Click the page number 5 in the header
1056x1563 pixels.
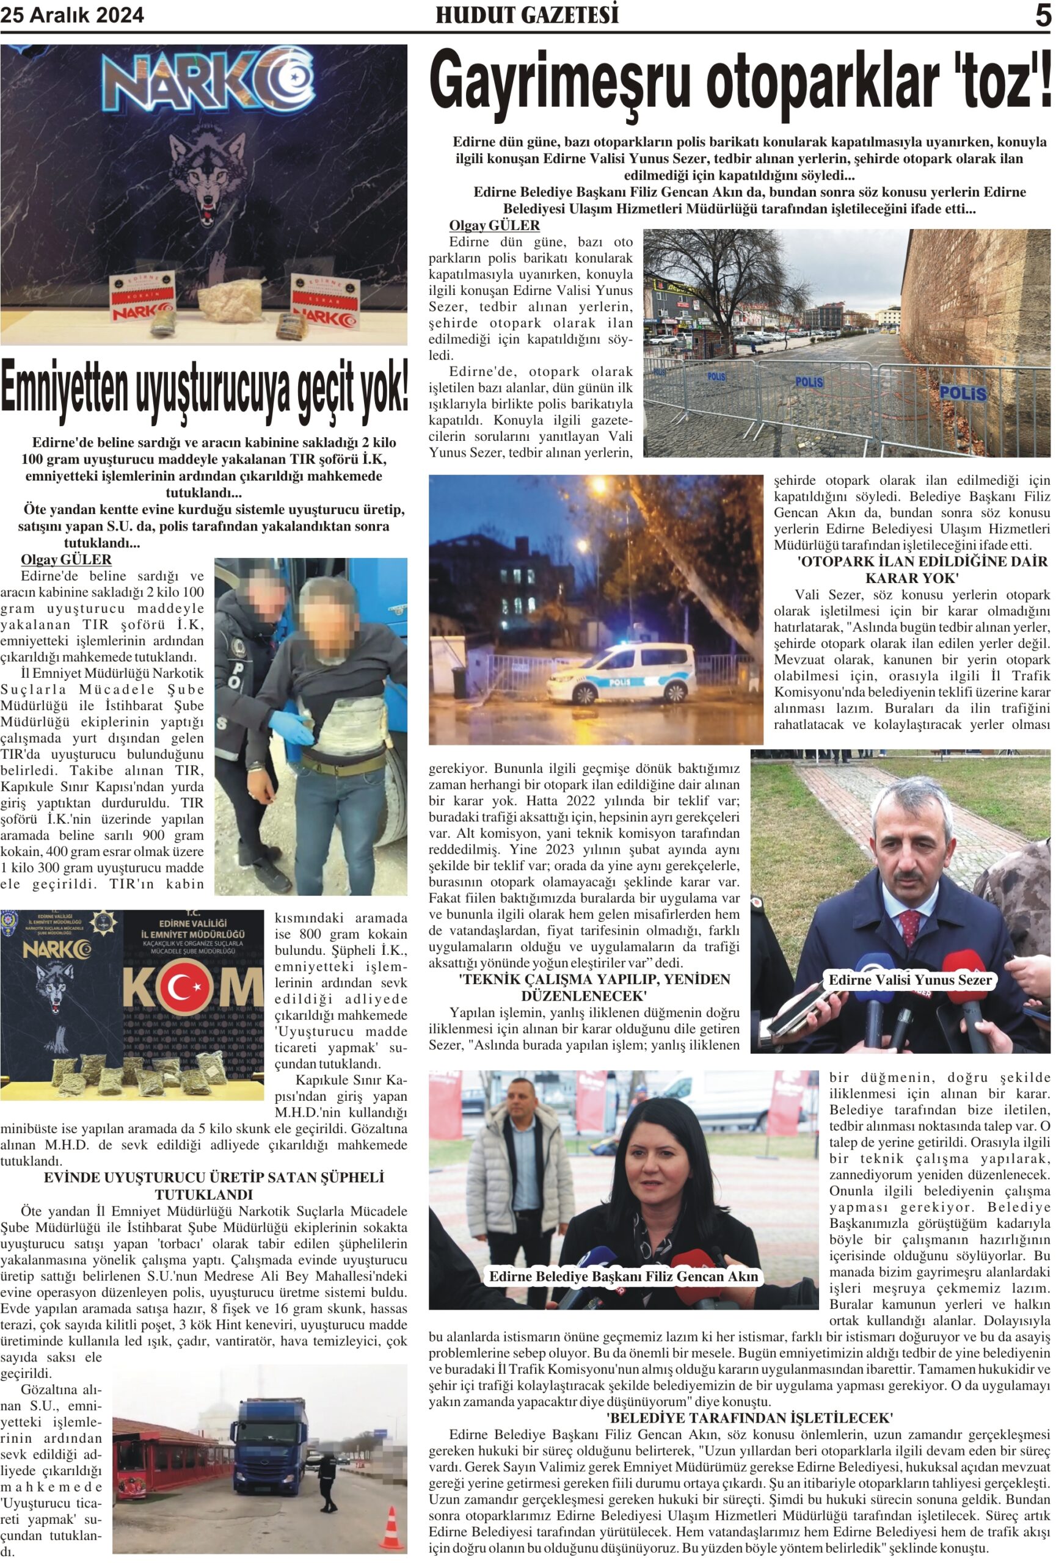point(1042,15)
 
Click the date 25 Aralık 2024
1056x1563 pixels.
point(72,15)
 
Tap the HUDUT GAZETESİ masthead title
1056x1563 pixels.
point(526,15)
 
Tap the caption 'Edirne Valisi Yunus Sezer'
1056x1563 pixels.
point(909,980)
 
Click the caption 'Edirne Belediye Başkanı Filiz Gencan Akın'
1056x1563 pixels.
point(623,1277)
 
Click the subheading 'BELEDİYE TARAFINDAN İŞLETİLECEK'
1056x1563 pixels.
point(749,1418)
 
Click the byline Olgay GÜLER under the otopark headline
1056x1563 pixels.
point(493,225)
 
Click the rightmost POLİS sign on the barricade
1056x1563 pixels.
point(963,393)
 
